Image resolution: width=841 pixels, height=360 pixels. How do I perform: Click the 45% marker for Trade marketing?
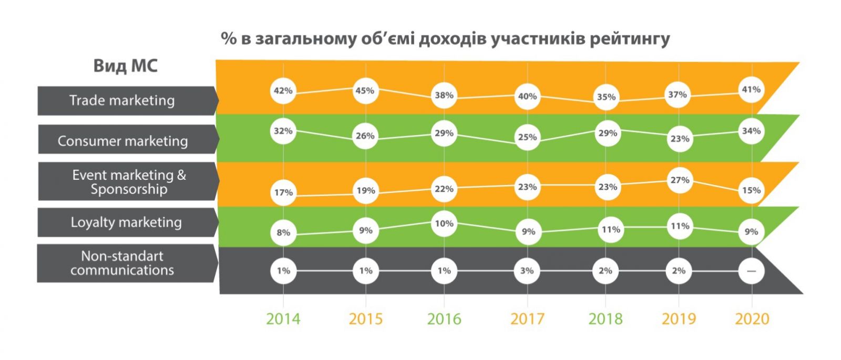tap(365, 90)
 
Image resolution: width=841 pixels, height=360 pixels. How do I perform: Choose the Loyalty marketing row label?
tap(126, 222)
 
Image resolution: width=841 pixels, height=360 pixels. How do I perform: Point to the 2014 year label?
tap(283, 319)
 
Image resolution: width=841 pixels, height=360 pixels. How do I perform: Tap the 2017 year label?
tap(527, 319)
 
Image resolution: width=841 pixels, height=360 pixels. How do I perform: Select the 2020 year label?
tap(752, 319)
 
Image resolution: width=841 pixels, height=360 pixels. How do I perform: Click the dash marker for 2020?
tap(751, 271)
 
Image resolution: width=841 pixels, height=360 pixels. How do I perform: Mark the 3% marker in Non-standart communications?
tap(527, 271)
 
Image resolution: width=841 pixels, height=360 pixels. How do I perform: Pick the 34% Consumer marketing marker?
tap(751, 131)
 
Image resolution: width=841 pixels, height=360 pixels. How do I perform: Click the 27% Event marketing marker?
tap(679, 180)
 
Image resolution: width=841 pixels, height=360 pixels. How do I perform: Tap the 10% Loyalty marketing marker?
tap(444, 224)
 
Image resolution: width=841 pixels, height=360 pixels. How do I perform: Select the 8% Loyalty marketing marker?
tap(283, 232)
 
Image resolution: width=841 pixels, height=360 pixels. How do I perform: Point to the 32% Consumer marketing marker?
tap(283, 131)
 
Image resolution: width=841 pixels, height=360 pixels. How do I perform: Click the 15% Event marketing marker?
tap(751, 190)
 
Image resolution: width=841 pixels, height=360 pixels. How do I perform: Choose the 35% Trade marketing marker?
tap(606, 97)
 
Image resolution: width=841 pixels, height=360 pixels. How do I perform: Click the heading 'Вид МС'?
tap(125, 66)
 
